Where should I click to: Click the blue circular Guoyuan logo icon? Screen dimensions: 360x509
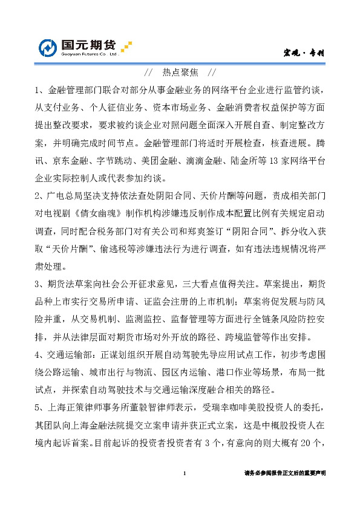(x=48, y=47)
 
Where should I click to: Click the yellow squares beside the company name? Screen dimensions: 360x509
(x=126, y=46)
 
